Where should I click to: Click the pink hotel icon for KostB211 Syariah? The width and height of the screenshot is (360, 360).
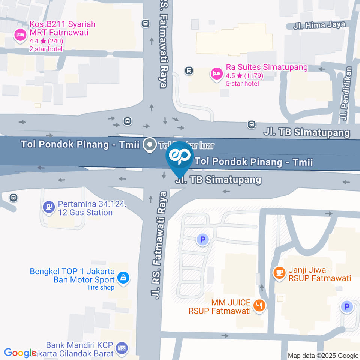(x=19, y=36)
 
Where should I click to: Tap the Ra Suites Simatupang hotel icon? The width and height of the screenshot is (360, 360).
(x=216, y=74)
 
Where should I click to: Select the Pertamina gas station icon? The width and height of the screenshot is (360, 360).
(x=48, y=207)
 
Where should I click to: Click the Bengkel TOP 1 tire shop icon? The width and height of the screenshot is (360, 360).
(x=123, y=278)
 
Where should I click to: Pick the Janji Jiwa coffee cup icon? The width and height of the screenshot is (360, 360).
(x=279, y=272)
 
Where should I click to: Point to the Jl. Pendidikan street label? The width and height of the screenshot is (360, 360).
(x=346, y=94)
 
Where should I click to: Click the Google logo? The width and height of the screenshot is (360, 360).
(x=20, y=353)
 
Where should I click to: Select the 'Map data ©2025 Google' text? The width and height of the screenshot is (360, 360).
(x=323, y=355)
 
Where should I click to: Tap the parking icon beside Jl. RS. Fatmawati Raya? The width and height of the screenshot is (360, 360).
(x=203, y=239)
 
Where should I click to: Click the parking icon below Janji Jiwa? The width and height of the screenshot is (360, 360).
(x=347, y=307)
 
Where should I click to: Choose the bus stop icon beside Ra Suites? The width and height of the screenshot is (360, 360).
(x=189, y=70)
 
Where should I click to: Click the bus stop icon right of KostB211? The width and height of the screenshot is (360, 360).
(x=145, y=24)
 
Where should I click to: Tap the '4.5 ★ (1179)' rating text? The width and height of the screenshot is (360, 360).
(x=244, y=75)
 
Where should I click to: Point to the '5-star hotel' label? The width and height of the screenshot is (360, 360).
(x=242, y=83)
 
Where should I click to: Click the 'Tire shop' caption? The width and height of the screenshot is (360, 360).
(x=100, y=287)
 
